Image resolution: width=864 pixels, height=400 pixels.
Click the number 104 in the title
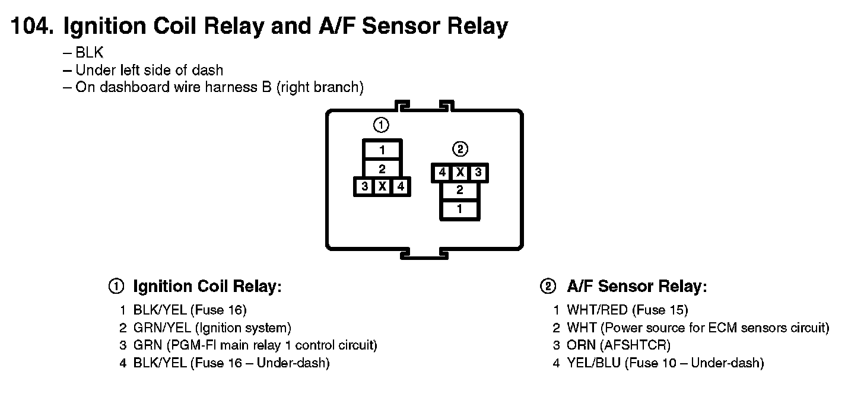pyautogui.click(x=31, y=27)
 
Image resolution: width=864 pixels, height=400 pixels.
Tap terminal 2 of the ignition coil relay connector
pyautogui.click(x=382, y=169)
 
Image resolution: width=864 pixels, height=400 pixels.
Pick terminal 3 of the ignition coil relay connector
pyautogui.click(x=364, y=187)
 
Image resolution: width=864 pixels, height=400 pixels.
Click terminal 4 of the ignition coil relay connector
pyautogui.click(x=401, y=187)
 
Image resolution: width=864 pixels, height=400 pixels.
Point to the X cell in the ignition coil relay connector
pyautogui.click(x=383, y=187)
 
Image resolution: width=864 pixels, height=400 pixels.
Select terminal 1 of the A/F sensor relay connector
pyautogui.click(x=459, y=209)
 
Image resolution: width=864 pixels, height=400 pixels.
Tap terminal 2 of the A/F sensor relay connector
pyautogui.click(x=459, y=191)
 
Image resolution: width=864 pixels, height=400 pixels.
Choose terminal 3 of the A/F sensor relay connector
pyautogui.click(x=478, y=173)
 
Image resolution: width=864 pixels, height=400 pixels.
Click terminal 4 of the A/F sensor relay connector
pyautogui.click(x=442, y=173)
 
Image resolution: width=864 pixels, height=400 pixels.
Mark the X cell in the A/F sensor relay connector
pyautogui.click(x=460, y=173)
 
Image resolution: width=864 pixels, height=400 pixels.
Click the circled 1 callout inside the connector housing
pyautogui.click(x=381, y=125)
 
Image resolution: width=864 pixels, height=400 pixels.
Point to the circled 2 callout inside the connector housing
pyautogui.click(x=460, y=148)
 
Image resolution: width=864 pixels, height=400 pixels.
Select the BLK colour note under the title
pyautogui.click(x=90, y=53)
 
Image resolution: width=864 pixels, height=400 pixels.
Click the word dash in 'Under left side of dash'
pyautogui.click(x=209, y=70)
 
